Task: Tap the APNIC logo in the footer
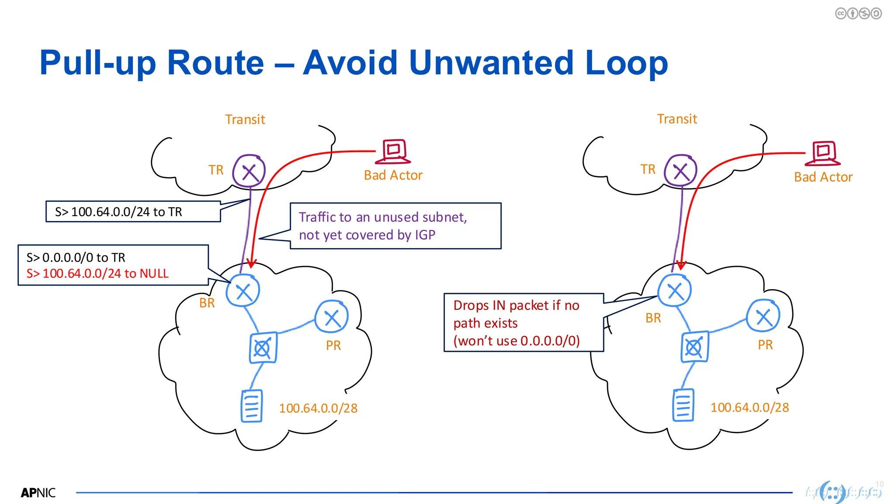pos(38,493)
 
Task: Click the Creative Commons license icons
pos(858,14)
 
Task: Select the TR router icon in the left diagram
pos(249,171)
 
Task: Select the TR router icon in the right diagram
pos(680,170)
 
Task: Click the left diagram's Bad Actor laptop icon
pos(394,151)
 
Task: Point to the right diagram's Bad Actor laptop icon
pos(823,153)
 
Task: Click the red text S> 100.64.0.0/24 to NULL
pos(97,273)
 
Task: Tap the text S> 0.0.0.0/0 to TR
pos(76,257)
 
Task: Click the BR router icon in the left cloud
pos(243,291)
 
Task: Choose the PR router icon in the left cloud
pos(332,317)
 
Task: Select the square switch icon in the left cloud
pos(263,348)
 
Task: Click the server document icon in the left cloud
pos(252,406)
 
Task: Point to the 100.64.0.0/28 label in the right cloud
pos(749,407)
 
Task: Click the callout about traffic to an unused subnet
pos(395,226)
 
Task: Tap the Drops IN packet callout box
pos(523,323)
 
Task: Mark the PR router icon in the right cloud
pos(763,316)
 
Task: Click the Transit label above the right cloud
pos(677,119)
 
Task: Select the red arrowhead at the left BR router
pos(251,263)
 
